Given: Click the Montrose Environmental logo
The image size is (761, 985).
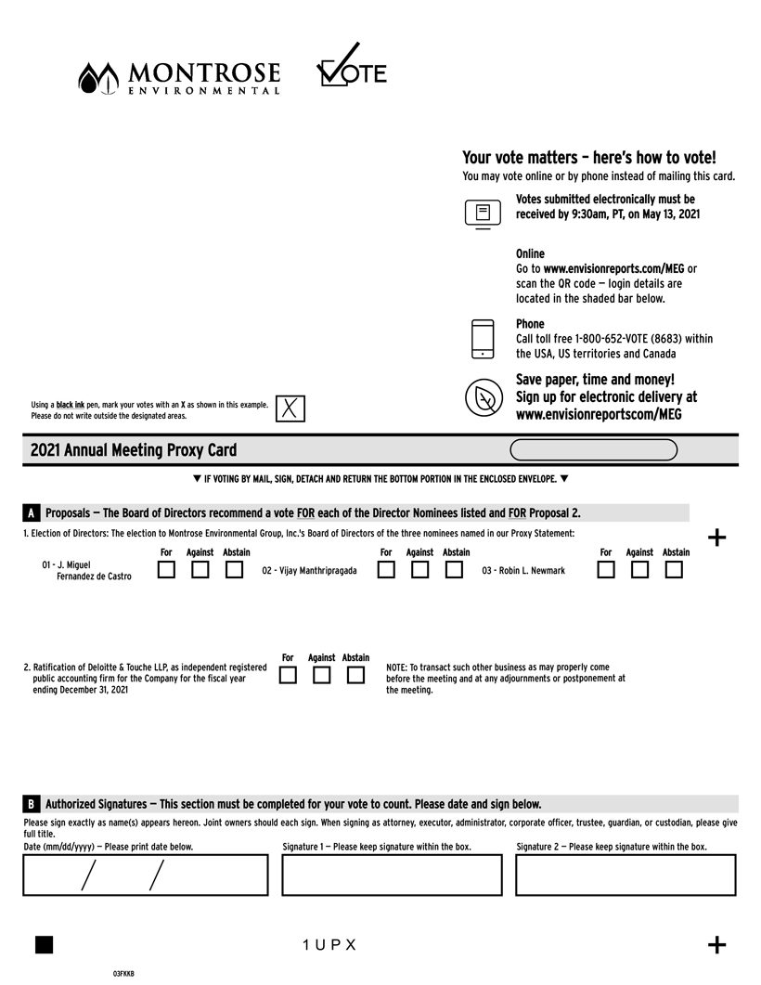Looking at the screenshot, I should [179, 77].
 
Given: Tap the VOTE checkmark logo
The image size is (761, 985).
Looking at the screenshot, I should [351, 67].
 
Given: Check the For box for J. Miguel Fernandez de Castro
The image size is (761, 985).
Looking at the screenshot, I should [166, 570].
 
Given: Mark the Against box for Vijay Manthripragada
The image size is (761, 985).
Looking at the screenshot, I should [419, 570].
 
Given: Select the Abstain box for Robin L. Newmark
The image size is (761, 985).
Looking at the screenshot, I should [674, 570].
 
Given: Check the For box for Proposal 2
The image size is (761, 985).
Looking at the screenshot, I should [288, 675].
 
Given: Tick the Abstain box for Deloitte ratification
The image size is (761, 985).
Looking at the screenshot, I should [355, 675].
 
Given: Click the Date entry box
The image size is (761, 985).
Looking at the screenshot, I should [146, 875].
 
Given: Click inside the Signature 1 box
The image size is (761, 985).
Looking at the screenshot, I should [392, 875].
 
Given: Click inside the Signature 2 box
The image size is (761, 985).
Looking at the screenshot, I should [626, 875].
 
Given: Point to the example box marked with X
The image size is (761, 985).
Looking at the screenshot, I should [290, 408].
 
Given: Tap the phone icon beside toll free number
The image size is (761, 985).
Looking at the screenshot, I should [483, 339].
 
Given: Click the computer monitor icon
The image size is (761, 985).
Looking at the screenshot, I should [483, 214].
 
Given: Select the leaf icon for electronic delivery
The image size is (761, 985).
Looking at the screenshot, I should [484, 398].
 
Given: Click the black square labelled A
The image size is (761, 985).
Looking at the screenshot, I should [32, 513].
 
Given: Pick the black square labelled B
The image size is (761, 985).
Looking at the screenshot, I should [32, 804].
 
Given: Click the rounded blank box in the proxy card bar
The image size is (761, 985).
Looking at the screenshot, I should [594, 450].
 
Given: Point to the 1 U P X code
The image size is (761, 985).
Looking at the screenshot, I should [329, 945].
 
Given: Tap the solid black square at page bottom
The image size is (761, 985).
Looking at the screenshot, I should [44, 944].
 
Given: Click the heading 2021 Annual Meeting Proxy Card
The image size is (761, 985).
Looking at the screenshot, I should [134, 450].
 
